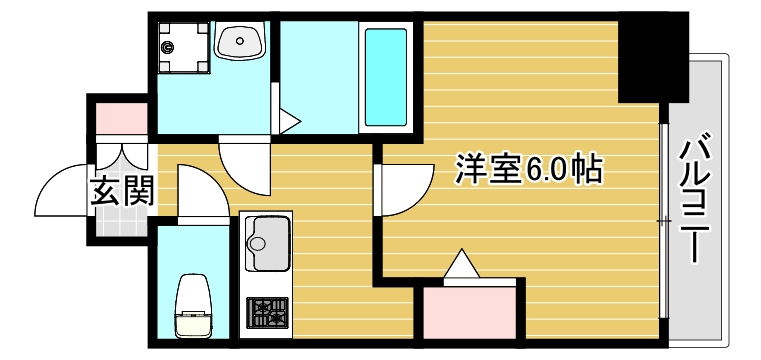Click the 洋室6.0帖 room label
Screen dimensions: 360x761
528,170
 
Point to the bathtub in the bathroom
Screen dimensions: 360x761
385,75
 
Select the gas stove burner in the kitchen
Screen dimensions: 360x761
265,314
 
